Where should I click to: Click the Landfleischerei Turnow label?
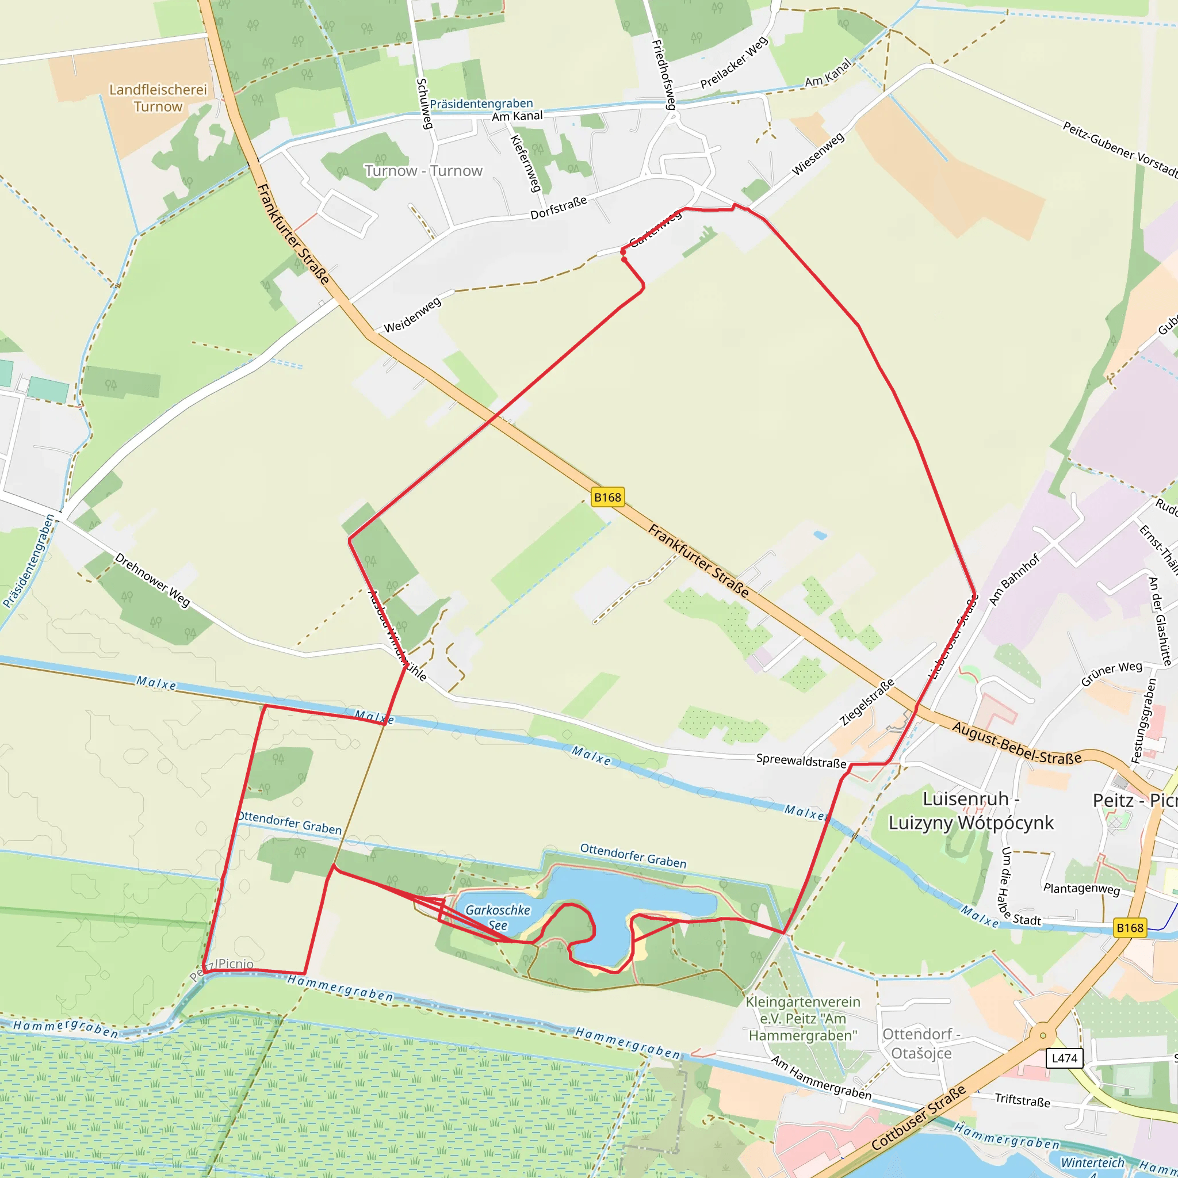[x=158, y=98]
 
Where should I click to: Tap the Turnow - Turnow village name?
[x=423, y=171]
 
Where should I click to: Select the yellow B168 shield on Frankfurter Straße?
[x=607, y=498]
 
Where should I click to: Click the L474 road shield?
[x=1064, y=1058]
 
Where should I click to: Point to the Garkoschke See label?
[x=498, y=917]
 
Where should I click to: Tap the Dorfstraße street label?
[x=558, y=208]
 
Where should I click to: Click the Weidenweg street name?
[x=412, y=315]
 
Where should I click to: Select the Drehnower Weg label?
[x=152, y=580]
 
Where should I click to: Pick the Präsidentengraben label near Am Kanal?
[x=481, y=104]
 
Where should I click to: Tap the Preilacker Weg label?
[x=733, y=63]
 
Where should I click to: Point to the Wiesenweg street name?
[x=818, y=154]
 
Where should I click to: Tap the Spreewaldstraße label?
[x=801, y=760]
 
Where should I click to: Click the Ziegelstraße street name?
[x=866, y=702]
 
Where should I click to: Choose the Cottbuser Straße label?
[x=918, y=1118]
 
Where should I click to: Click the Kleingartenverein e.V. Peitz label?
[x=802, y=1018]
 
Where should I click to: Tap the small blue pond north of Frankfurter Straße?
[x=820, y=536]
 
